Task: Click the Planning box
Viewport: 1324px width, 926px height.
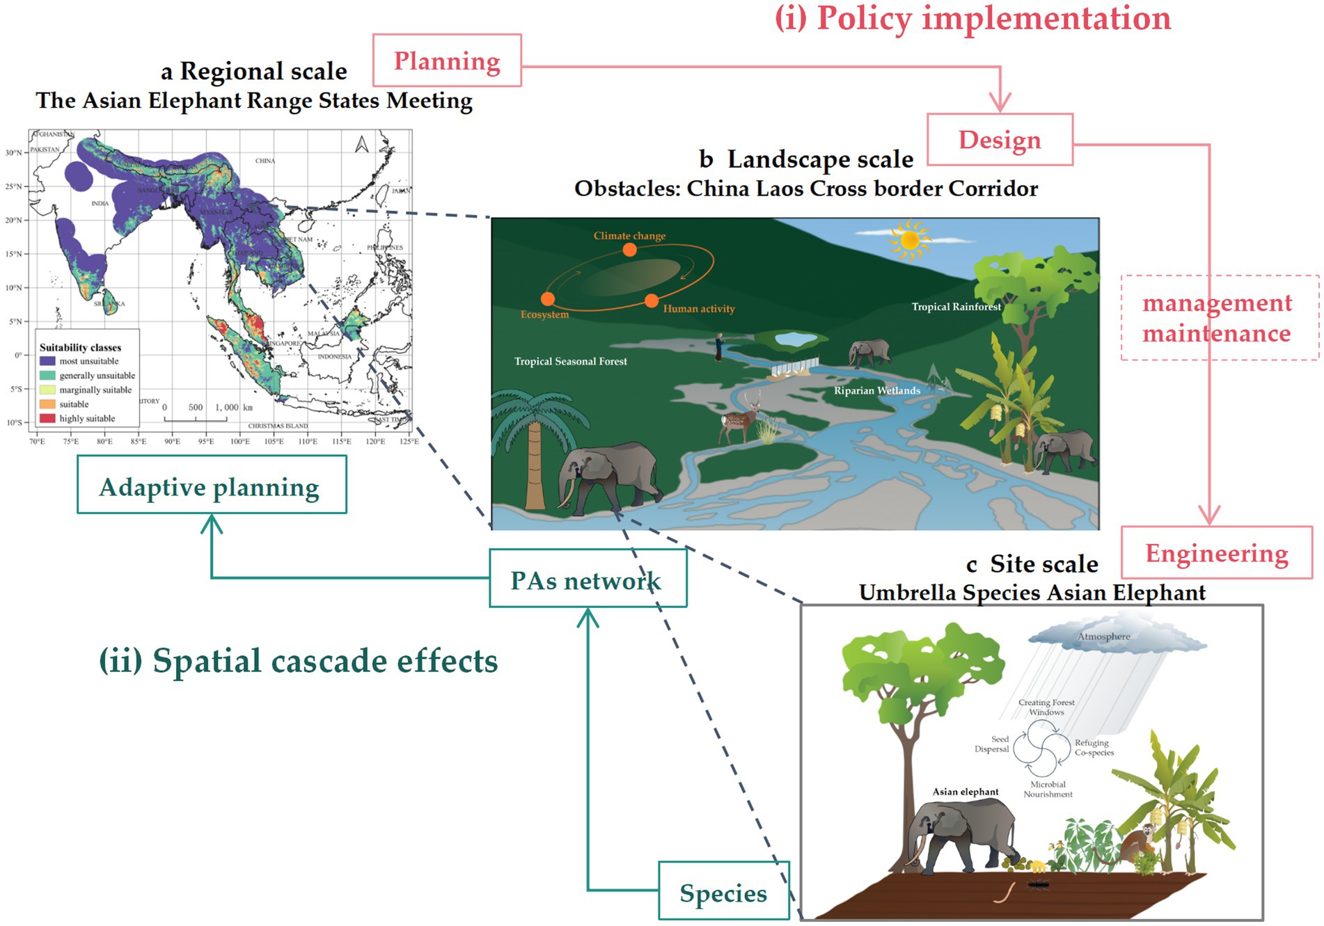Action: pyautogui.click(x=447, y=61)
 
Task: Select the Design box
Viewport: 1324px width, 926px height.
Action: pyautogui.click(x=1000, y=140)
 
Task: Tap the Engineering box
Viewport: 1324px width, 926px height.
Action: pyautogui.click(x=1216, y=553)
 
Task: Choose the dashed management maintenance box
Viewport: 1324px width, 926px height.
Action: pyautogui.click(x=1218, y=318)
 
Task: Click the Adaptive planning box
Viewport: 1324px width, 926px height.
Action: pyautogui.click(x=211, y=485)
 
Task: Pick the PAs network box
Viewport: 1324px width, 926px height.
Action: pyautogui.click(x=587, y=578)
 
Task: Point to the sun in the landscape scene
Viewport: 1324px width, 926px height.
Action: pyautogui.click(x=909, y=239)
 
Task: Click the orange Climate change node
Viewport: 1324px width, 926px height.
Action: pyautogui.click(x=629, y=250)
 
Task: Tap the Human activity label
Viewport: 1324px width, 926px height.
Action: pyautogui.click(x=698, y=309)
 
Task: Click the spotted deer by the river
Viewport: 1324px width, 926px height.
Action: pyautogui.click(x=739, y=419)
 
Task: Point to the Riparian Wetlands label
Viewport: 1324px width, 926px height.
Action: pyautogui.click(x=876, y=391)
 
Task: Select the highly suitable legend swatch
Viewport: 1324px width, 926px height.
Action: pyautogui.click(x=47, y=418)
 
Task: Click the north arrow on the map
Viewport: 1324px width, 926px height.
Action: pyautogui.click(x=361, y=145)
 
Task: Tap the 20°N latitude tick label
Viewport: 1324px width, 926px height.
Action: pyautogui.click(x=14, y=220)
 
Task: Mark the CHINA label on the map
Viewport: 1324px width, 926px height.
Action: pyautogui.click(x=265, y=161)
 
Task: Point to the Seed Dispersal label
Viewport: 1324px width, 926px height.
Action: pyautogui.click(x=992, y=744)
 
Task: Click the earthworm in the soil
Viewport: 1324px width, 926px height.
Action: pyautogui.click(x=1003, y=891)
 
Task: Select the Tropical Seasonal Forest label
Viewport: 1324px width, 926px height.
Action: pyautogui.click(x=570, y=361)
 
